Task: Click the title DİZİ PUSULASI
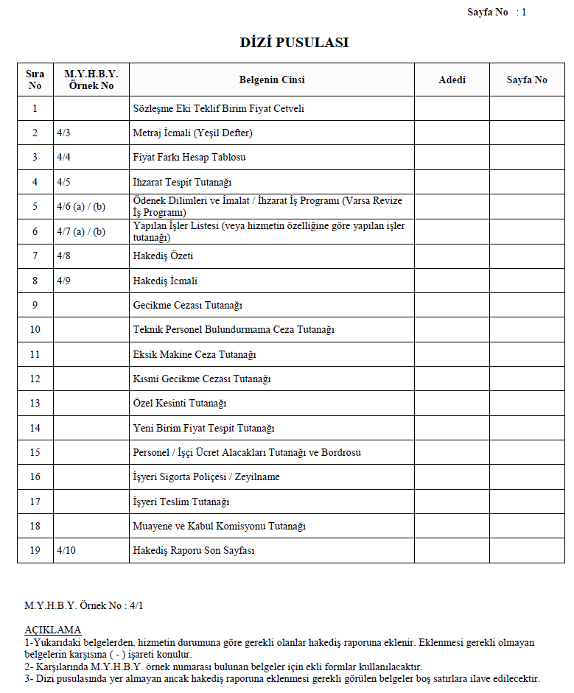[294, 43]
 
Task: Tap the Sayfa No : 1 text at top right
[497, 13]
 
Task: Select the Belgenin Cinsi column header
[271, 80]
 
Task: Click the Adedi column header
[452, 80]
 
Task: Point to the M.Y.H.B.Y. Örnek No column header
[91, 80]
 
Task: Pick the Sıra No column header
[35, 80]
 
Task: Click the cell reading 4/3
[63, 133]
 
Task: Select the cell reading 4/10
[66, 551]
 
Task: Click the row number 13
[35, 403]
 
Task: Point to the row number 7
[35, 256]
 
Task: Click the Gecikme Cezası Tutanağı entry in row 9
[188, 305]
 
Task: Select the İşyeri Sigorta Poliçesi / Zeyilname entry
[206, 477]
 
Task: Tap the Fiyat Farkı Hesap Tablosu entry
[189, 158]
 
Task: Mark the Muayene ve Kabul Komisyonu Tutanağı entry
[219, 527]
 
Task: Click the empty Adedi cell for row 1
[452, 108]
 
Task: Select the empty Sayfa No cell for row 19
[526, 551]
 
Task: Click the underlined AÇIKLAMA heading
[53, 630]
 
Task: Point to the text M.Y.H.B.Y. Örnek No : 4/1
[84, 605]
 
